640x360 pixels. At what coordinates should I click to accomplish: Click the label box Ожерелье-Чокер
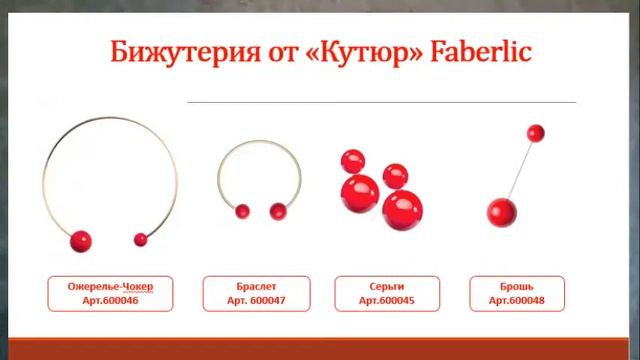click(x=111, y=293)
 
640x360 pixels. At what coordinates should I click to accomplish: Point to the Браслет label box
click(x=251, y=293)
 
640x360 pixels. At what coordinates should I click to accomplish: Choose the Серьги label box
click(x=380, y=293)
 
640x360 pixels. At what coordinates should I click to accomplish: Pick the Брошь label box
click(x=516, y=293)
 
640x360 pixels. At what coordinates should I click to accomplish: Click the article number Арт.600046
click(x=111, y=300)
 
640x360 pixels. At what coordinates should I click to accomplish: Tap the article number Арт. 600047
click(x=251, y=300)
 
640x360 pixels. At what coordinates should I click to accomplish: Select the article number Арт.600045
click(x=380, y=300)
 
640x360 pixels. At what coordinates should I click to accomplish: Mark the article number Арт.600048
click(x=516, y=300)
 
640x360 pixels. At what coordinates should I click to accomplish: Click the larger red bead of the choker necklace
click(x=79, y=241)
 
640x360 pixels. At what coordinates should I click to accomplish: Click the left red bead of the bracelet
click(x=241, y=211)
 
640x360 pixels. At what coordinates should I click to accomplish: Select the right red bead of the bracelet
click(x=278, y=210)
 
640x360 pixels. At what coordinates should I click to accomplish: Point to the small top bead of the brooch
click(x=535, y=132)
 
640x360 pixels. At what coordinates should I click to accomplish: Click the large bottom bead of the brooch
click(x=499, y=211)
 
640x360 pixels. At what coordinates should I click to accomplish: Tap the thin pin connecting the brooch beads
click(x=518, y=170)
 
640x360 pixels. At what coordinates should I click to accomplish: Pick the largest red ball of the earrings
click(x=403, y=209)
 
